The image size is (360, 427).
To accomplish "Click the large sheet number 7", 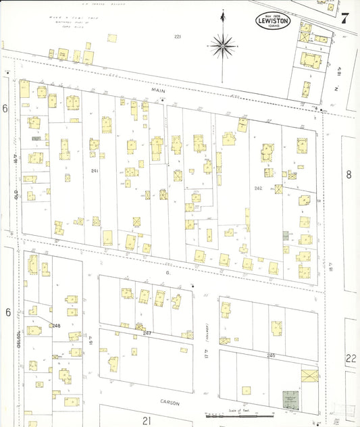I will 344,18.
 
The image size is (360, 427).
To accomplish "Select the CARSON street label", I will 170,402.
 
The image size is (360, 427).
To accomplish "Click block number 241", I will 95,171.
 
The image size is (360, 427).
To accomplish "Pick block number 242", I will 258,188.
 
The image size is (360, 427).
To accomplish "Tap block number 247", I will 147,333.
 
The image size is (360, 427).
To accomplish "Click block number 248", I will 55,326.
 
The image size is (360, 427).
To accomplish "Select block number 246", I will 272,355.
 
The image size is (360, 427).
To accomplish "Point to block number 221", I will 178,36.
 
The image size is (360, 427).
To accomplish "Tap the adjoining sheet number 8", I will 349,174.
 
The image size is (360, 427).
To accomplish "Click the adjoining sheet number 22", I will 351,358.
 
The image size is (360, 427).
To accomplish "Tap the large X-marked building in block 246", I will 309,376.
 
